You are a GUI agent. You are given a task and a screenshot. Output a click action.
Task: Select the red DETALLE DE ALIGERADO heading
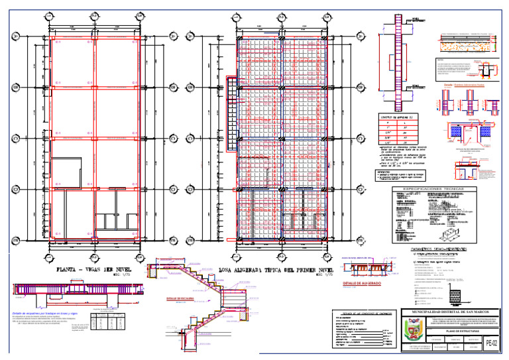coord(361,283)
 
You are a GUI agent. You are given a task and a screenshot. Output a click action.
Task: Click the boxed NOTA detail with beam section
coord(464,68)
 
